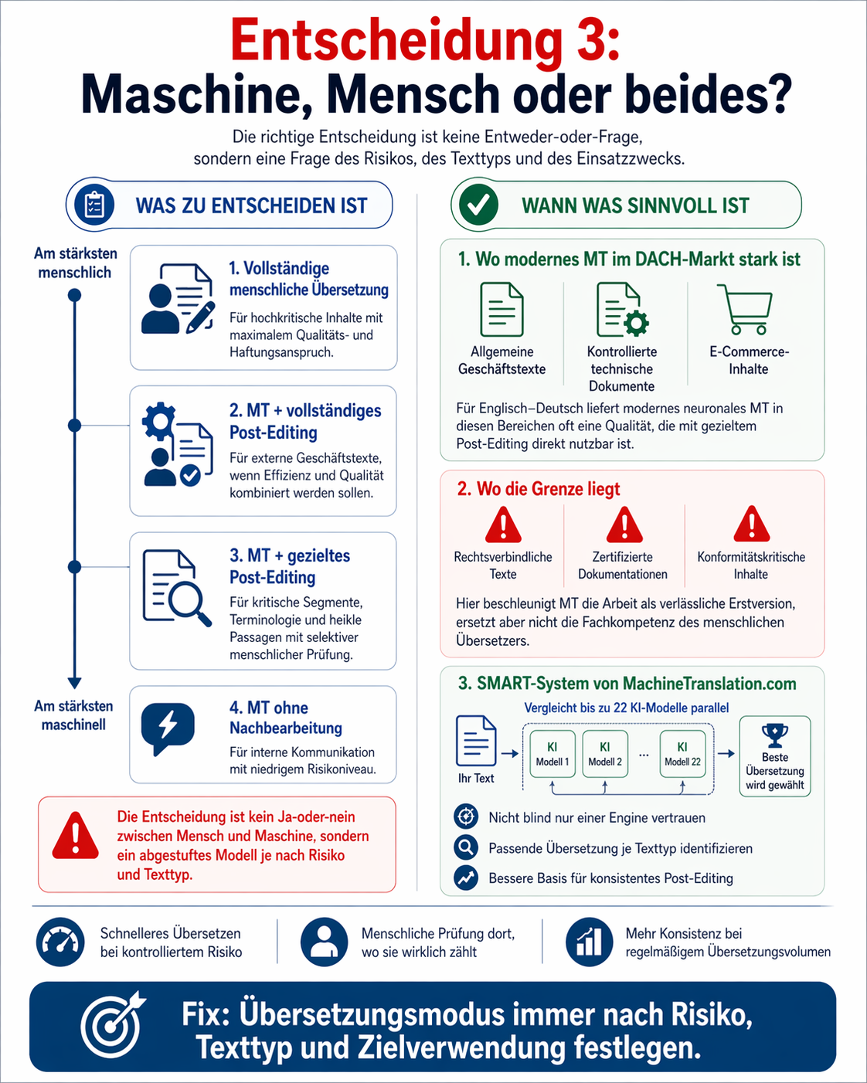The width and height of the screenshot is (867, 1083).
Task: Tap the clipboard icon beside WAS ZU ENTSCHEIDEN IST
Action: click(94, 205)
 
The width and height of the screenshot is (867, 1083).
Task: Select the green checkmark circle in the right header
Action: click(478, 205)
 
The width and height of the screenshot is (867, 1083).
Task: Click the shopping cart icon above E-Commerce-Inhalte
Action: click(745, 309)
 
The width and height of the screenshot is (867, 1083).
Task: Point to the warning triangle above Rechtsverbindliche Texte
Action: click(503, 525)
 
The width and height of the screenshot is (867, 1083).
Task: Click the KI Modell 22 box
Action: click(683, 753)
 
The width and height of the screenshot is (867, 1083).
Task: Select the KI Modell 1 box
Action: click(552, 753)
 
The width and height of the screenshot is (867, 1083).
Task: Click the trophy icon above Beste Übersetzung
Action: click(775, 735)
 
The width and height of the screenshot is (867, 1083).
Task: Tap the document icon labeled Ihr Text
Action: click(476, 740)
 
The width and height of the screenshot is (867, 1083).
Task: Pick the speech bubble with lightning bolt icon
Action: click(168, 728)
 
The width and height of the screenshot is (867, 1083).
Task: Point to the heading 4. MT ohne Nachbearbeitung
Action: click(286, 718)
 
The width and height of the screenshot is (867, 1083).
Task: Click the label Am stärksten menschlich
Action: click(75, 263)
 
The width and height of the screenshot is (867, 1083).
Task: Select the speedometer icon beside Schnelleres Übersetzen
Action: click(60, 942)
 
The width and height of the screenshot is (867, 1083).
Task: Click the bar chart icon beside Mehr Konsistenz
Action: click(589, 942)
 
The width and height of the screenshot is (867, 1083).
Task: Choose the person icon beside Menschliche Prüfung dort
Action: click(325, 942)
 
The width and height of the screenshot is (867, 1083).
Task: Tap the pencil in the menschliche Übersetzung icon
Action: click(200, 317)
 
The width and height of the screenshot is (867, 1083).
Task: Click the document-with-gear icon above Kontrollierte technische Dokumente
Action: click(622, 309)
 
